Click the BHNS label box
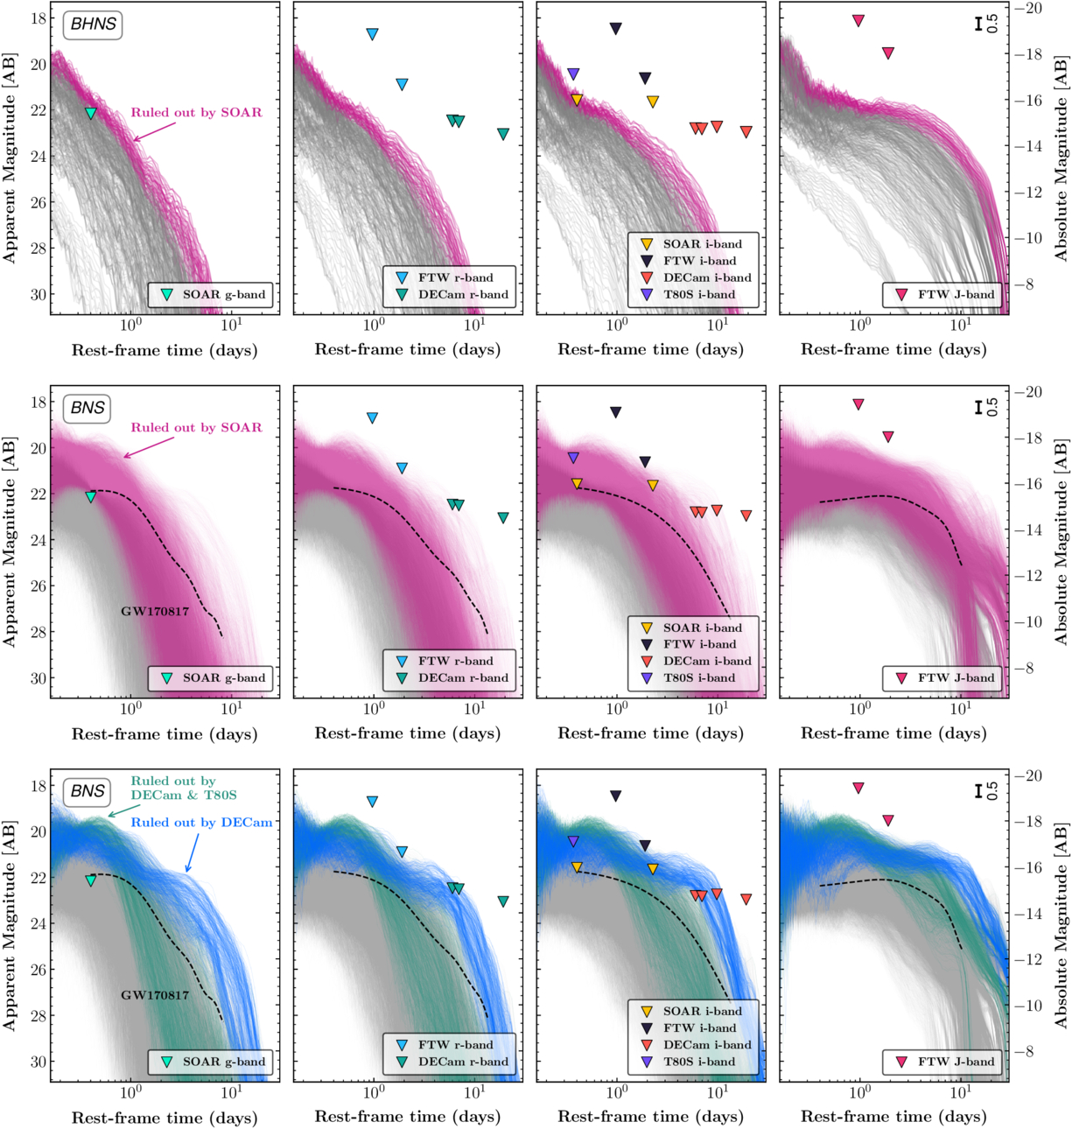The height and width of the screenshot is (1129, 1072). (93, 25)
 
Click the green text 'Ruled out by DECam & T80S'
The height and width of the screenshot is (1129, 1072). (184, 788)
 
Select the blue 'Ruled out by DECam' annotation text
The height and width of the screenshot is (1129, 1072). (201, 823)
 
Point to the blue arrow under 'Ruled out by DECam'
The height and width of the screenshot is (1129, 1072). (192, 852)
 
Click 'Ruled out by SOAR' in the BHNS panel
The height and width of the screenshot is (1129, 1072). (196, 113)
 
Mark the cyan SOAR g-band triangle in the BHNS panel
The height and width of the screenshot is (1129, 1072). (90, 113)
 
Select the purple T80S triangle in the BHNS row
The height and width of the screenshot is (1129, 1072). (573, 74)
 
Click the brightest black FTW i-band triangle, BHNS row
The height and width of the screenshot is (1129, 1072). (616, 29)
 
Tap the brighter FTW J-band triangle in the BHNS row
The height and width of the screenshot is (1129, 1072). (858, 20)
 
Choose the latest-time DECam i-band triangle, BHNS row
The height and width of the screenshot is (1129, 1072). (746, 132)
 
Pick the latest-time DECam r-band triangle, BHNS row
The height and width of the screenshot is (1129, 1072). (503, 134)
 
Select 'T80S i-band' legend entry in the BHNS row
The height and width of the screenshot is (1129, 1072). (698, 295)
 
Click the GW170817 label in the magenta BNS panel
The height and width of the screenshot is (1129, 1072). (155, 612)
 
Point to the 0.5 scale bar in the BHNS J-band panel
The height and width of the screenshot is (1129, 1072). (979, 24)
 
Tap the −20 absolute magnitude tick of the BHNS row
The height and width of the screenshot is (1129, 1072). (1033, 9)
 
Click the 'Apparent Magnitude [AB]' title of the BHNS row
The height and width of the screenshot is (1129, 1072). (10, 158)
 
